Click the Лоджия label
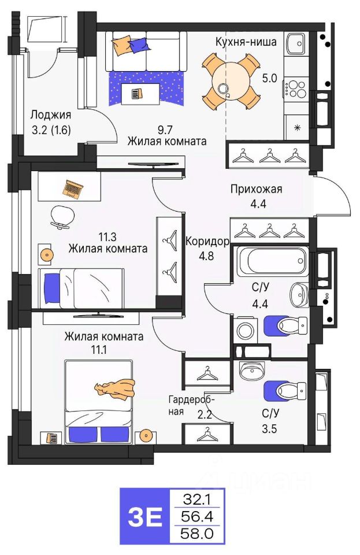[x=51, y=114]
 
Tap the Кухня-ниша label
[x=246, y=42]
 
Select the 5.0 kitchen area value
[x=269, y=78]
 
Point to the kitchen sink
[x=296, y=43]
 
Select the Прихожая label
[x=257, y=189]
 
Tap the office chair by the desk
[x=63, y=217]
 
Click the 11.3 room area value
[x=107, y=236]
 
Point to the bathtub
[x=272, y=261]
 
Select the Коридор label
[x=207, y=242]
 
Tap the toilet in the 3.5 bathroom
[x=285, y=391]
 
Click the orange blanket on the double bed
[x=116, y=388]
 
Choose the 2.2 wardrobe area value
[x=205, y=414]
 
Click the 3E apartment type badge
[x=145, y=517]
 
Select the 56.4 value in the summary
[x=197, y=517]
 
